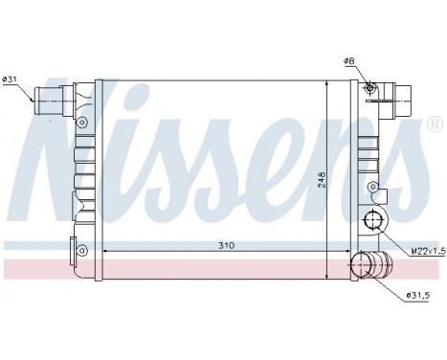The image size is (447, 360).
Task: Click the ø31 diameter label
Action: [10, 79]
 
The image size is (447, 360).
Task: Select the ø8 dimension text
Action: [349, 60]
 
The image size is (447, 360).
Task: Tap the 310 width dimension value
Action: [226, 245]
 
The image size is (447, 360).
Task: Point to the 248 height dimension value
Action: [322, 180]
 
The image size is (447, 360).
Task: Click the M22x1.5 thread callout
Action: [427, 252]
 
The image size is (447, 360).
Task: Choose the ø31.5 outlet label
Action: [417, 296]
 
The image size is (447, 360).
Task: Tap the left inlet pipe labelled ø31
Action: [48, 101]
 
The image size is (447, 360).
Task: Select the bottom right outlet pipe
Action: [371, 264]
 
